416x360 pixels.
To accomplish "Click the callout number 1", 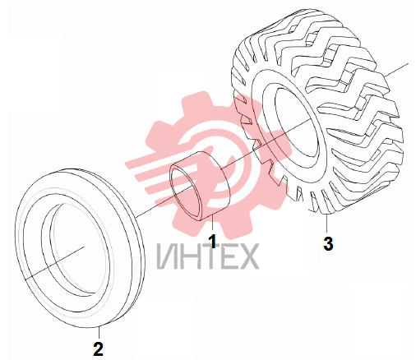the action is pyautogui.click(x=212, y=242).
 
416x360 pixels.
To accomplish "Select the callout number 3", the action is pyautogui.click(x=328, y=243).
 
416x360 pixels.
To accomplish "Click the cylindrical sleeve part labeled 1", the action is pyautogui.click(x=201, y=187).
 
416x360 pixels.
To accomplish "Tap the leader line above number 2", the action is pyautogui.click(x=99, y=333).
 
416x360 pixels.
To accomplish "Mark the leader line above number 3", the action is pyautogui.click(x=326, y=224).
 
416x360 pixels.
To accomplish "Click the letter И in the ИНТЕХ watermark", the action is pyautogui.click(x=167, y=256).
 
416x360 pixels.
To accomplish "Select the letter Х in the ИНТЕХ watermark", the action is pyautogui.click(x=248, y=256).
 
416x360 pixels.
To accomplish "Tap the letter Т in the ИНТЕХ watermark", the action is pyautogui.click(x=209, y=256).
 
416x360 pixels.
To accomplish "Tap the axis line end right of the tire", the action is pyautogui.click(x=396, y=69).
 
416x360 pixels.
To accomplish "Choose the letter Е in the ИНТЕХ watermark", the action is pyautogui.click(x=228, y=256).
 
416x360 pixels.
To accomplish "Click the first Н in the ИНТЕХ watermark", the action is pyautogui.click(x=189, y=256).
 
